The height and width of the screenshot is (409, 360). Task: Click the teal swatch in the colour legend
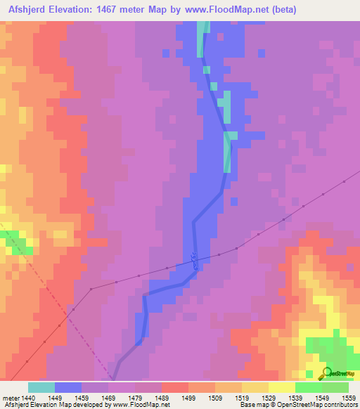coord(41,387)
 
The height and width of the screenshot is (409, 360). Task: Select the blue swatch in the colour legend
coord(68,387)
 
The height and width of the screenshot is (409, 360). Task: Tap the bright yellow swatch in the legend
coord(281,387)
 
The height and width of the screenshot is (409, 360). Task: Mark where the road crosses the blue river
coord(194,261)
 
